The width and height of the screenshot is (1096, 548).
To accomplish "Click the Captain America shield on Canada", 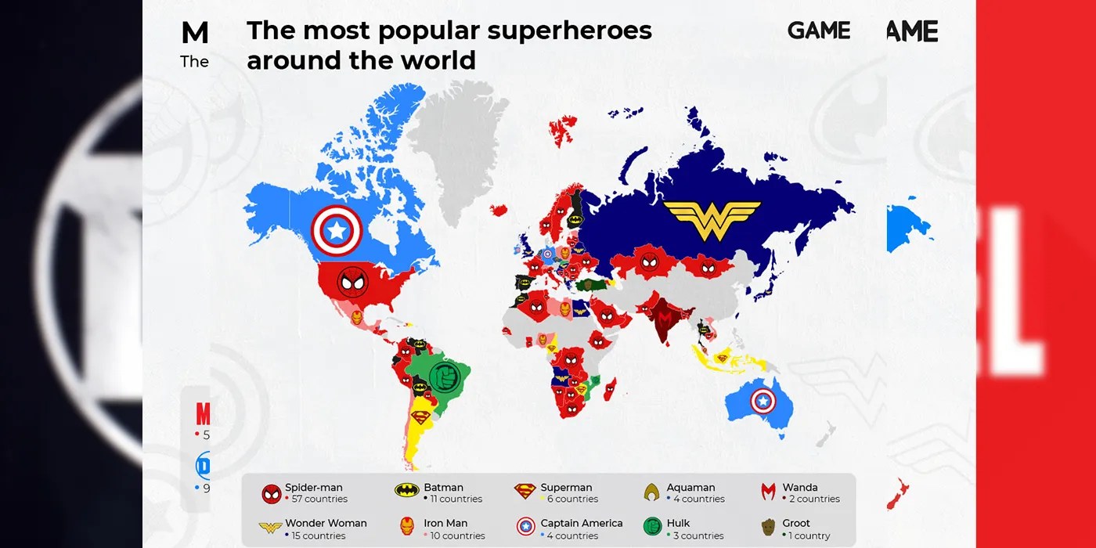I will coord(337,229).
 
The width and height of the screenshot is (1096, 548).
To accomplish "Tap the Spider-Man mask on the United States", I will coord(352,283).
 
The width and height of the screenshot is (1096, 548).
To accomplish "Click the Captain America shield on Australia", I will coord(765,402).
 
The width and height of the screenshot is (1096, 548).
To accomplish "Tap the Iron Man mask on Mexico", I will coord(356,318).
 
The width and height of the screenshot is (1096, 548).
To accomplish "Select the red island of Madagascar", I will coord(610,389).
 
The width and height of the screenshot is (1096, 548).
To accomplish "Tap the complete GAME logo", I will coord(818,31).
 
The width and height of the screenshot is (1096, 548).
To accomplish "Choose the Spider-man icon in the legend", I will coord(272,493).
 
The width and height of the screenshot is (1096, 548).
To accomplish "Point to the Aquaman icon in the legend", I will coord(651,492).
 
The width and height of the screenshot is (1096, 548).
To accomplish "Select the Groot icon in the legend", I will coord(768,527).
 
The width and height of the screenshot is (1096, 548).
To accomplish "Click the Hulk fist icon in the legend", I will coord(652,527).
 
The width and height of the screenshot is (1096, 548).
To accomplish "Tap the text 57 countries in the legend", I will coord(319,499).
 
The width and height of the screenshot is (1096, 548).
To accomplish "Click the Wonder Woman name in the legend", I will coord(326,523).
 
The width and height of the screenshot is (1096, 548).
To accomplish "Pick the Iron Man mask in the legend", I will coord(406,527).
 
